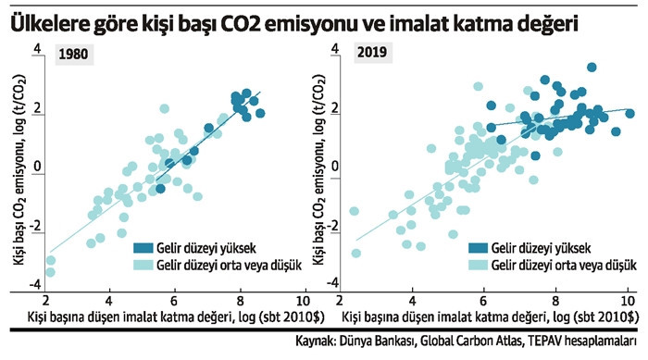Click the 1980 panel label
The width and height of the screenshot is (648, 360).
74,55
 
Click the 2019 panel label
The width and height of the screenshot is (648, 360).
372,53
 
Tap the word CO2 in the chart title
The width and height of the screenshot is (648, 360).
239,24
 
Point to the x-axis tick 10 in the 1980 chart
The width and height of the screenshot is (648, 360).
304,300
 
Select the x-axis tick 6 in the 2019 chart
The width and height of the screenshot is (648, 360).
483,300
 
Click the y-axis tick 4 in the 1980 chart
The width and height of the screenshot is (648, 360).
38,49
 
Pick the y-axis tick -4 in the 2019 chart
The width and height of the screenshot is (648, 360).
333,283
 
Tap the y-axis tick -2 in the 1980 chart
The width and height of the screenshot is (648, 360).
35,226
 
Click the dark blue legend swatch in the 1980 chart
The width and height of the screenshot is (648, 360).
143,248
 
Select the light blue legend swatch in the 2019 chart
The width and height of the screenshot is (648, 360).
478,265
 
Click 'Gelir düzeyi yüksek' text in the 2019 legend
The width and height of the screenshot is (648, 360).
541,248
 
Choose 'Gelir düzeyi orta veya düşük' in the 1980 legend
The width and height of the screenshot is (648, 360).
229,265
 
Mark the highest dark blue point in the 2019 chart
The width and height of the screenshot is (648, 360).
592,68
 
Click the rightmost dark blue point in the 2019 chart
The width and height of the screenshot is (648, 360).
629,114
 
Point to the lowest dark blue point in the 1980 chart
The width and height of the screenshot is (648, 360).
160,189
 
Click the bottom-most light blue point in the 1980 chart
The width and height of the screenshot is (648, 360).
50,272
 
